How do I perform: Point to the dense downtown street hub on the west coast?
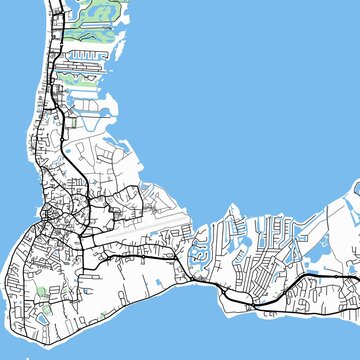tap(56, 215)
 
